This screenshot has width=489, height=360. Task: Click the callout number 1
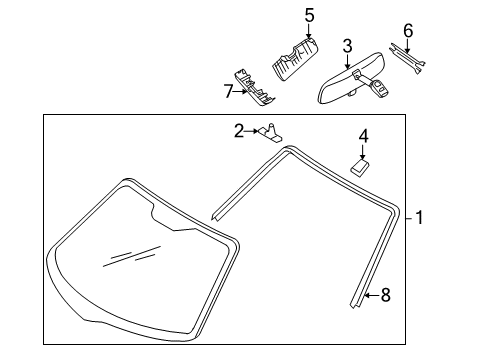[419, 218]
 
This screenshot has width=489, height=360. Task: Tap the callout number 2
[239, 131]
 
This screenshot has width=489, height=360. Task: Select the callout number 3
[347, 46]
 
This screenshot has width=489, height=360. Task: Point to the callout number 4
[363, 136]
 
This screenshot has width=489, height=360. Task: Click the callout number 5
[309, 15]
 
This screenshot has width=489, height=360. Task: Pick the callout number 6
[408, 31]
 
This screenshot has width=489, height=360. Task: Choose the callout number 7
[228, 91]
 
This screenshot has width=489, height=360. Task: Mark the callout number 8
[385, 295]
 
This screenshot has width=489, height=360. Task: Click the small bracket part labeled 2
[270, 132]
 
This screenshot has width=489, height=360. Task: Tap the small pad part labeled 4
[360, 168]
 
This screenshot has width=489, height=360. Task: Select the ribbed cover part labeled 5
[295, 59]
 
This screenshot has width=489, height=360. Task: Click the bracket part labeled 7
[254, 87]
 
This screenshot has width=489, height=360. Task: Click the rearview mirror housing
[350, 79]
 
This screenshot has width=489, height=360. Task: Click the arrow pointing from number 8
[372, 295]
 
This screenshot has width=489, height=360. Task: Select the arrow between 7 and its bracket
[240, 92]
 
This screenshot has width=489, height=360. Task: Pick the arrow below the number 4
[363, 151]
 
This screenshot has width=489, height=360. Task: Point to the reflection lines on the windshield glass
[132, 256]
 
